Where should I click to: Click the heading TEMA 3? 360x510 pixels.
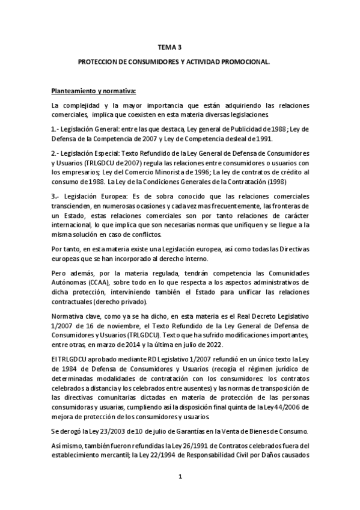click(x=169, y=46)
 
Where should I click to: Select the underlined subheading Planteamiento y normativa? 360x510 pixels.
click(x=94, y=91)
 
